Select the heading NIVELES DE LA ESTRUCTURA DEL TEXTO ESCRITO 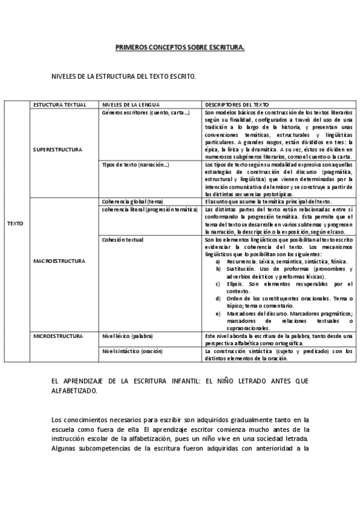124,77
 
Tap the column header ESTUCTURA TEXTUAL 60,104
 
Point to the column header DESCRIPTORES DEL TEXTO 237,104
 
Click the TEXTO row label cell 16,223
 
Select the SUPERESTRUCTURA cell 58,149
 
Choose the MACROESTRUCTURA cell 59,261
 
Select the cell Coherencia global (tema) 133,201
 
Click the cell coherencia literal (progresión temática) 150,209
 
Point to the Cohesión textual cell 123,239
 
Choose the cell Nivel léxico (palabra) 127,336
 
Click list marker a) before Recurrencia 218,262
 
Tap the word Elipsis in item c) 235,283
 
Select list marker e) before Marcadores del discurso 218,313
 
